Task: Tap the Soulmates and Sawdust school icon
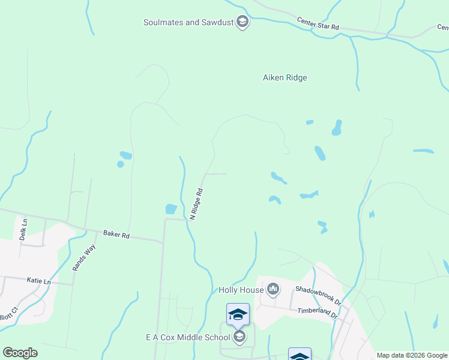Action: (x=242, y=23)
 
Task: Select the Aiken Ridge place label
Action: (x=285, y=77)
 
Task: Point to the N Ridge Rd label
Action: (x=196, y=204)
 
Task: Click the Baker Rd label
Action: (x=116, y=235)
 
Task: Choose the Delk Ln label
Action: (x=24, y=229)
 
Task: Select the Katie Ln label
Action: (x=39, y=280)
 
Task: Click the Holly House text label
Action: (x=241, y=290)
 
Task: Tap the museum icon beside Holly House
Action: (x=273, y=290)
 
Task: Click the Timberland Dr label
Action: (x=318, y=311)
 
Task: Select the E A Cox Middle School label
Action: (x=187, y=337)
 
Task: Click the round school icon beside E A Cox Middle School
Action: (x=240, y=337)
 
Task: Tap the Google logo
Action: (x=20, y=353)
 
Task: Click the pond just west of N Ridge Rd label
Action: (x=171, y=209)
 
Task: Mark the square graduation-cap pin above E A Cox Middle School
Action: (x=238, y=314)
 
